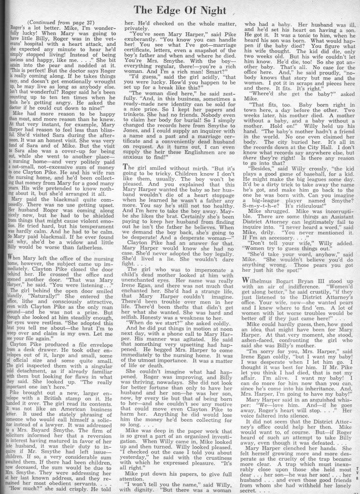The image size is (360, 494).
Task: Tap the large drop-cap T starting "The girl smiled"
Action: [127, 183]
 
